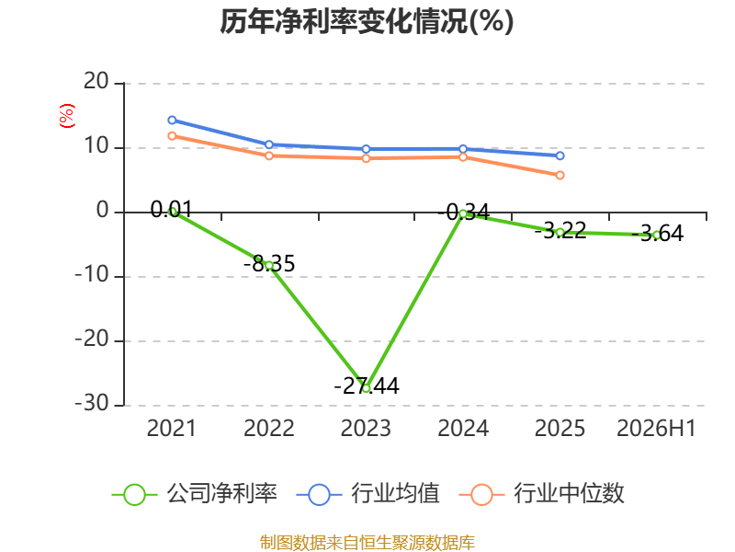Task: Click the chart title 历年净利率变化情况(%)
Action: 367,21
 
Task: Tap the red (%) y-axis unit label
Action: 66,116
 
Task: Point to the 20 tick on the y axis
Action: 96,82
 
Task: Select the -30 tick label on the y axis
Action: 92,403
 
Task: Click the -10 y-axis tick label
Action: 92,274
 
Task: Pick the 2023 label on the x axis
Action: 366,428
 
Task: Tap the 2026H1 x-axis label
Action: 656,428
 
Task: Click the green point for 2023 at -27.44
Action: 366,388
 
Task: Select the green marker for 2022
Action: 269,266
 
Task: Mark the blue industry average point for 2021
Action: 172,121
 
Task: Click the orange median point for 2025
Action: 560,175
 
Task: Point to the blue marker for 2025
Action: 560,155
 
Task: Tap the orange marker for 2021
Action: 172,136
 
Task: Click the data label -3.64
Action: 658,234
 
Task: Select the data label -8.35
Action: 269,263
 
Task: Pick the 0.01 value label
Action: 171,210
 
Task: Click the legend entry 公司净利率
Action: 195,494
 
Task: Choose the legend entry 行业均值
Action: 368,494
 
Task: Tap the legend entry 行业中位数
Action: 541,494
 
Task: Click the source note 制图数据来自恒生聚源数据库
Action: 367,543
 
